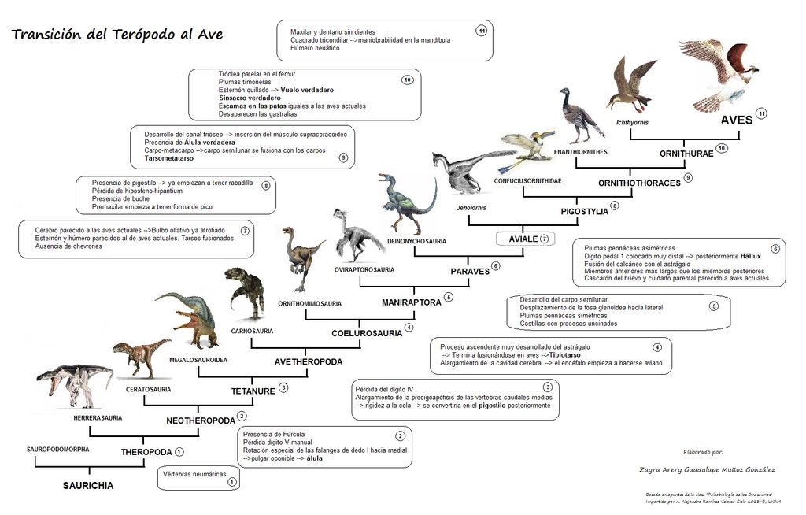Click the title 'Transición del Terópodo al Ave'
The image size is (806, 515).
[117, 35]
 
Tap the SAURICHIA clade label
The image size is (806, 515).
[88, 486]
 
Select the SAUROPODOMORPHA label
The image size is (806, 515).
[57, 450]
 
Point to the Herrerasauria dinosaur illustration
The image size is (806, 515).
[75, 384]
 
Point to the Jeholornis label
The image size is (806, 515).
[471, 208]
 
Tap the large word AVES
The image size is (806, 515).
[737, 121]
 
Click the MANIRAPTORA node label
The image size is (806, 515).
[410, 302]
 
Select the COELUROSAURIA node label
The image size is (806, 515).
[367, 332]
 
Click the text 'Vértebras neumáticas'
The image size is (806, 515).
[194, 474]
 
